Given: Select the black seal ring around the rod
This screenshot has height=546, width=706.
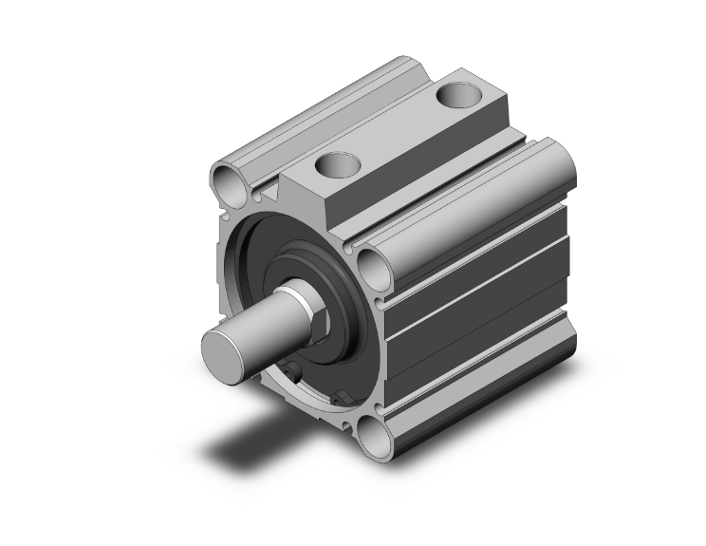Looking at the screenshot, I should point(342,285).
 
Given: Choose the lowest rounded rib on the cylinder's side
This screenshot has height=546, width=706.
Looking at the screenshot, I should point(484,380).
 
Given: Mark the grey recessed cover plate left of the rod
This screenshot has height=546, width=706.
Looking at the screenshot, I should point(249,275).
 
